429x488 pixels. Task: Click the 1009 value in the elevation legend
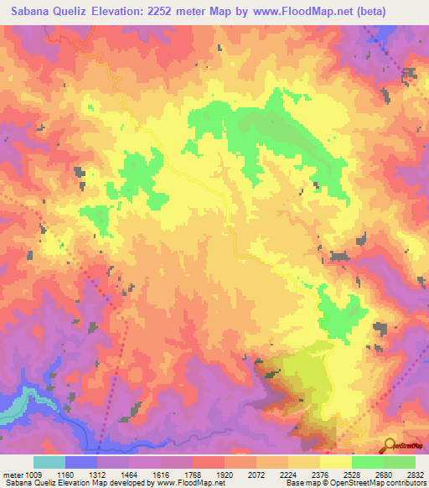tap(26, 474)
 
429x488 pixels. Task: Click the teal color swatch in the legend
tap(49, 462)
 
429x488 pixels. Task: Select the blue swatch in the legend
tap(81, 462)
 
